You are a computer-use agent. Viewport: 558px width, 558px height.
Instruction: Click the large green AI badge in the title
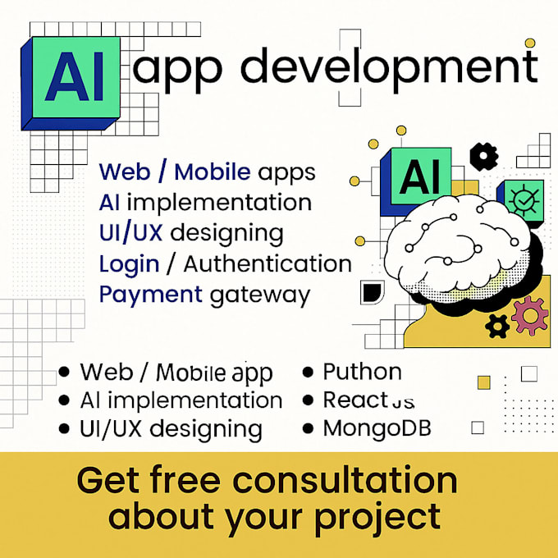[x=75, y=76]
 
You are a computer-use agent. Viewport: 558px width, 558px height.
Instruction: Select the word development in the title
[x=390, y=67]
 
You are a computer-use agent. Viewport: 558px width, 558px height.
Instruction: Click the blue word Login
[x=129, y=264]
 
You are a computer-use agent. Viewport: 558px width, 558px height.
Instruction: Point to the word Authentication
[x=268, y=264]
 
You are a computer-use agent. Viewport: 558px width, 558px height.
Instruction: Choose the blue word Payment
[x=150, y=295]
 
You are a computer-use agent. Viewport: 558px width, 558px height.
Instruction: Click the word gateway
[x=260, y=295]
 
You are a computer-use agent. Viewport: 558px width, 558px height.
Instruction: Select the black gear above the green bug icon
[x=484, y=156]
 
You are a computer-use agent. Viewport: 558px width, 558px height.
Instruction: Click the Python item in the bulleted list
[x=362, y=372]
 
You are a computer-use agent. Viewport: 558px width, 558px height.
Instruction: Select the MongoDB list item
[x=377, y=428]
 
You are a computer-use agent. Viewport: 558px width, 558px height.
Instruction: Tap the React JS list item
[x=368, y=400]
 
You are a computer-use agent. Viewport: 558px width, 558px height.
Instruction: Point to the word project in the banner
[x=378, y=518]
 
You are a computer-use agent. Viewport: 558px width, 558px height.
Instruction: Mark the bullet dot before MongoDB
[x=309, y=428]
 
